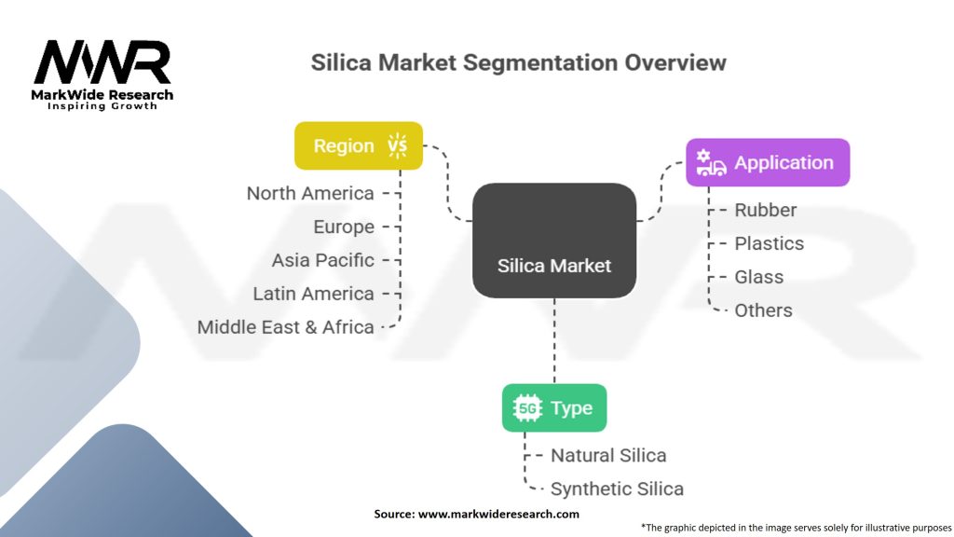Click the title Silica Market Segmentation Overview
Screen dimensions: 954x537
(x=518, y=62)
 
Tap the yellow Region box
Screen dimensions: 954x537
(x=359, y=145)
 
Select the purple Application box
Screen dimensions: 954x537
(x=768, y=162)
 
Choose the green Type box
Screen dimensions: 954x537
(x=554, y=408)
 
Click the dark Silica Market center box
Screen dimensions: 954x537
(x=554, y=241)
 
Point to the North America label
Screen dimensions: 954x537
(x=310, y=193)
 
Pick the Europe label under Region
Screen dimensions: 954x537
(x=344, y=227)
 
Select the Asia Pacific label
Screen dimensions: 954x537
(x=323, y=260)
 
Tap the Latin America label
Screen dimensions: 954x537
(x=313, y=294)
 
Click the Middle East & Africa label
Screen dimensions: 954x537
(x=285, y=327)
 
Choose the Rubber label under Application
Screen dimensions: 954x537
(x=766, y=210)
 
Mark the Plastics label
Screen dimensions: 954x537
(x=769, y=243)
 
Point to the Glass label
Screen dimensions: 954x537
(x=758, y=277)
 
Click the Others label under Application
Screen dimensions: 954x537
(x=764, y=310)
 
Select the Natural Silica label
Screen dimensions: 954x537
(x=608, y=455)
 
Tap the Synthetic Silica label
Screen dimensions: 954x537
(x=617, y=489)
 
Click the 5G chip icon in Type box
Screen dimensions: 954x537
(x=527, y=408)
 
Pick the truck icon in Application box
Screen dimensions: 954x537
(x=711, y=162)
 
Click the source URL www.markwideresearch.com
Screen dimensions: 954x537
(x=498, y=514)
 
